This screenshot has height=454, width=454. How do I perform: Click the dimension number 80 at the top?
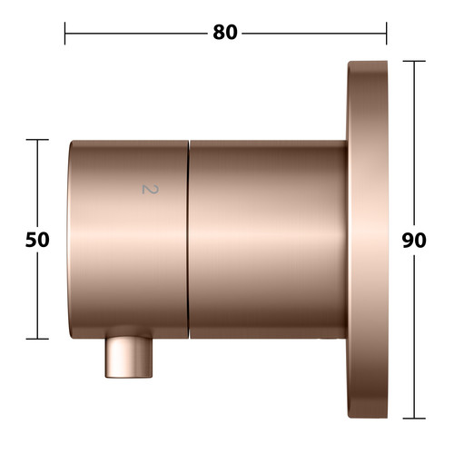(x=225, y=33)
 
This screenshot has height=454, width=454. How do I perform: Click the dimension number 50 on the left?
(x=37, y=240)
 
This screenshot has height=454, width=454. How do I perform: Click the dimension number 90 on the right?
(x=414, y=241)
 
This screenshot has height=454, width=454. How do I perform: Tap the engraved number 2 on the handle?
(x=151, y=189)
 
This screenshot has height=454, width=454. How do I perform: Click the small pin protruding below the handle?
(x=129, y=357)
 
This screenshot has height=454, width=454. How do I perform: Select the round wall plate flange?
(x=368, y=240)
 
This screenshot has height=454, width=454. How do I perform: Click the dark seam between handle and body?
(x=188, y=239)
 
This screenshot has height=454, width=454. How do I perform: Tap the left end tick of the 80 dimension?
(x=64, y=34)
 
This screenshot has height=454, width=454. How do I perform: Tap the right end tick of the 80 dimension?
(x=386, y=34)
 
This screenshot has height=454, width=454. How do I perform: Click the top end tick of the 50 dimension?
(x=37, y=140)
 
